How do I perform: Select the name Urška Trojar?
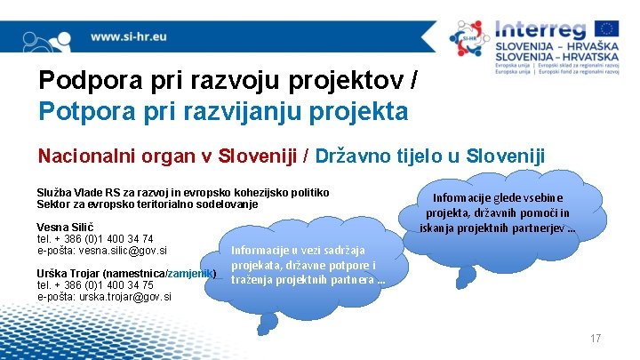click(x=68, y=273)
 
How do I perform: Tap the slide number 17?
click(x=596, y=339)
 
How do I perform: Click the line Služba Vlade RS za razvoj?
click(x=182, y=192)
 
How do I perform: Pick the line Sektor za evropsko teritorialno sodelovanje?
click(x=147, y=204)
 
